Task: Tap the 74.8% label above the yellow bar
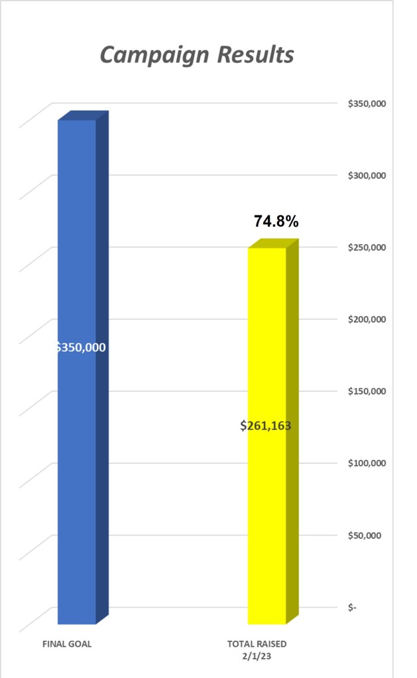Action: [x=276, y=222]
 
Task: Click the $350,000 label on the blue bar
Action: [x=81, y=347]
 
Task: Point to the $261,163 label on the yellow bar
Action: [x=266, y=425]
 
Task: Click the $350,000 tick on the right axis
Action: [x=367, y=104]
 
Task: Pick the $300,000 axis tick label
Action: [x=367, y=176]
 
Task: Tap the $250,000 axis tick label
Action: [x=367, y=247]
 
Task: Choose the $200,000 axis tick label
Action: [x=367, y=319]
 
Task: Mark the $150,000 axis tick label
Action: [x=367, y=391]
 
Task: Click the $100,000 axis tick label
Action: [x=367, y=463]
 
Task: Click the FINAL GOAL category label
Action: [x=67, y=644]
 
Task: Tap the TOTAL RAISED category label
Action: [x=257, y=644]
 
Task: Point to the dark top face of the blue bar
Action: [x=83, y=115]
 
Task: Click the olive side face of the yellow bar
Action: [x=292, y=431]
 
